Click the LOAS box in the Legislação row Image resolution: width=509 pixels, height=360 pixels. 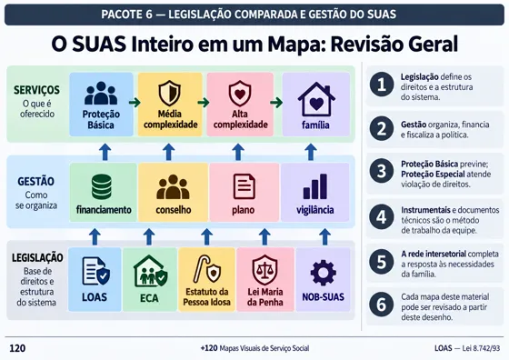(x=95, y=279)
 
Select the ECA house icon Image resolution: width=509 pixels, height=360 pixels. (x=150, y=272)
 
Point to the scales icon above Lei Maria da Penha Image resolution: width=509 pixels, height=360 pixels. (x=264, y=270)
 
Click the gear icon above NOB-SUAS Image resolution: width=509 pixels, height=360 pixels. (x=323, y=273)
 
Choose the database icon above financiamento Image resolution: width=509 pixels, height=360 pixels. (x=102, y=186)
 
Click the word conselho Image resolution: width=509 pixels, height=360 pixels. (x=174, y=210)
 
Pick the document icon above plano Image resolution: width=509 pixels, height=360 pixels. (x=245, y=186)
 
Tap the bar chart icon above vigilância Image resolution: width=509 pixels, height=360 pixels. (x=314, y=186)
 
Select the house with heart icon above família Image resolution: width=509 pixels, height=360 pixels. (x=316, y=100)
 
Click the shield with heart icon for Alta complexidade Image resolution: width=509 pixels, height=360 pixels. (x=240, y=94)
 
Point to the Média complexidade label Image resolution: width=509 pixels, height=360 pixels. (x=171, y=119)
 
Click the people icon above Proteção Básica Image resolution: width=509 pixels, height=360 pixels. (x=101, y=93)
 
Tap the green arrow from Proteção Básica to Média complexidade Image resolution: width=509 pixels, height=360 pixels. (x=135, y=103)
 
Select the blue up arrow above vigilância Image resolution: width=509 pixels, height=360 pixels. (x=311, y=152)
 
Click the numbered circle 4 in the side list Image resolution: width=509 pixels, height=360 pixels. (x=382, y=216)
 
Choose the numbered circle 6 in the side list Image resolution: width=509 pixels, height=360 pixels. (x=382, y=305)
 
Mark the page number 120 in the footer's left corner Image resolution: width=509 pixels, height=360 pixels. (x=17, y=348)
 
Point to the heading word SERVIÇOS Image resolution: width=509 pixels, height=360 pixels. (x=36, y=90)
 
